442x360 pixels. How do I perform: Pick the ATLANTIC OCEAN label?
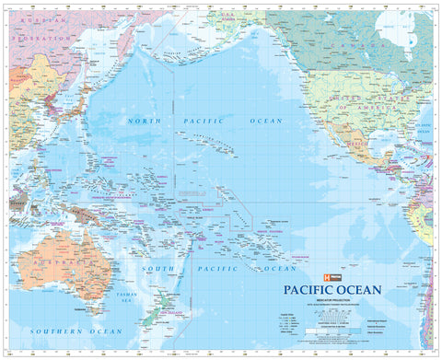[x=425, y=128]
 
